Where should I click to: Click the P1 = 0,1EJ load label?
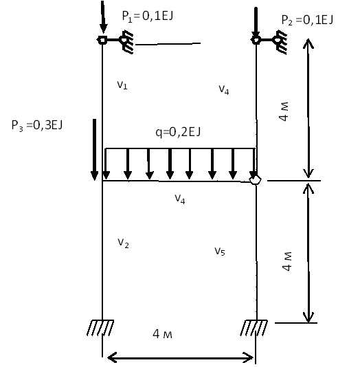pos(148,16)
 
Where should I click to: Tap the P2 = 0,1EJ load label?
pos(307,20)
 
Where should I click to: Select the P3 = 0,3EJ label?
pos(37,125)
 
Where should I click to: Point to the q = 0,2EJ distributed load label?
pos(178,132)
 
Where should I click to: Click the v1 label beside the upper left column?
pos(122,85)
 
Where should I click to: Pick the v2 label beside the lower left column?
pos(123,243)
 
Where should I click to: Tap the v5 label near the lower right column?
pos(220,252)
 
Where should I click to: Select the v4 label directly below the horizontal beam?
pos(180,199)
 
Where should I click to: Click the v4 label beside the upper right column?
pos(223,90)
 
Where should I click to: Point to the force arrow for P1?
pos(103,17)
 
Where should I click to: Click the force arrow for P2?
pos(256,22)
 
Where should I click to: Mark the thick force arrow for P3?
pos(94,150)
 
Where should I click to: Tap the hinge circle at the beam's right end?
pos(255,180)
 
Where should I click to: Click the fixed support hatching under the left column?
pos(100,328)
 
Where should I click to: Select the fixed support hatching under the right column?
pos(254,328)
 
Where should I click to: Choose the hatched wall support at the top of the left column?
pos(127,42)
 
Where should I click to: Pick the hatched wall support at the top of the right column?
pos(280,42)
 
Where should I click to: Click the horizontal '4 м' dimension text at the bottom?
pos(163,334)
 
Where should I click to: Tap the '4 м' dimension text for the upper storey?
pos(284,111)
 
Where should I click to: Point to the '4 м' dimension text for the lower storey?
pos(287,261)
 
